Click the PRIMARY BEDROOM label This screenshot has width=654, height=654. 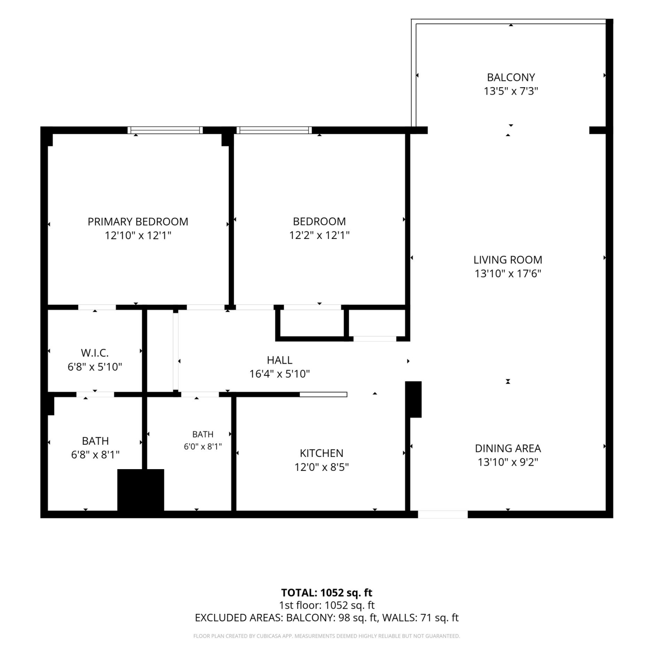[138, 221]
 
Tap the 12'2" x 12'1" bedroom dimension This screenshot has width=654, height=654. [320, 235]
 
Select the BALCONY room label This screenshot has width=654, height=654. [511, 78]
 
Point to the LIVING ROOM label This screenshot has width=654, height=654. [508, 260]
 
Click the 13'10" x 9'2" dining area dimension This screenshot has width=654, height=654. [508, 462]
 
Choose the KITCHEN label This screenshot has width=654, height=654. [321, 453]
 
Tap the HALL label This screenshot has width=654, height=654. [279, 360]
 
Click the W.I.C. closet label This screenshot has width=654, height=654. [95, 353]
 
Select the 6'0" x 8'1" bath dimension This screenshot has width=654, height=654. [203, 446]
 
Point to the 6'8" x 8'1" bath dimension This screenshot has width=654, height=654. [95, 455]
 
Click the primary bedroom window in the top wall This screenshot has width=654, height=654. [165, 130]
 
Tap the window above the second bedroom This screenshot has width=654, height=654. [274, 130]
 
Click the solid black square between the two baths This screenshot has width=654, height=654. [141, 490]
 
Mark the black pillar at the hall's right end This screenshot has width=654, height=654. [413, 399]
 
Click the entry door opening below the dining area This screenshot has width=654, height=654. [443, 514]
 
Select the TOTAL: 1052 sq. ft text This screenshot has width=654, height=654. [327, 593]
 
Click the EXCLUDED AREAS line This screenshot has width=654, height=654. [327, 618]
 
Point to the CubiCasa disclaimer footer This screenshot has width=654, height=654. [327, 636]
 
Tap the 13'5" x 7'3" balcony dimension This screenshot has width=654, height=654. [511, 92]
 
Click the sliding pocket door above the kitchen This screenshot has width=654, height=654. [323, 395]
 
